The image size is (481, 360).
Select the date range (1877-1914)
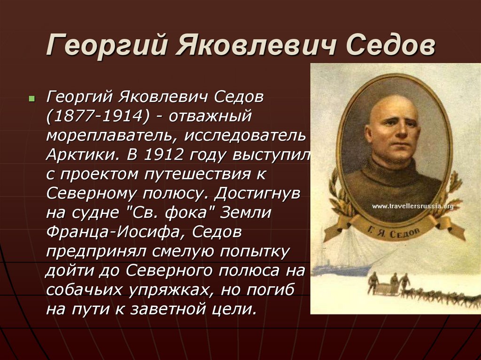[x=98, y=116]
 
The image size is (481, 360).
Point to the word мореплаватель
[x=111, y=136]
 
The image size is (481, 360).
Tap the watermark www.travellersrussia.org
[x=413, y=206]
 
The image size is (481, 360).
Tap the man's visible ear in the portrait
[x=368, y=134]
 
